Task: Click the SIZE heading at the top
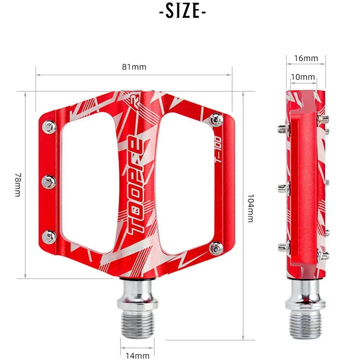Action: click(183, 11)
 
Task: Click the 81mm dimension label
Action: click(134, 67)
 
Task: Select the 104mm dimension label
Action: click(251, 208)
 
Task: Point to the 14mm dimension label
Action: click(138, 355)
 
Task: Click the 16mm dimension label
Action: click(306, 58)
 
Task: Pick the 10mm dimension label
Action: click(303, 77)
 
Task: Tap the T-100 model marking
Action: click(218, 150)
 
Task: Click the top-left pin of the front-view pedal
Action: click(49, 127)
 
